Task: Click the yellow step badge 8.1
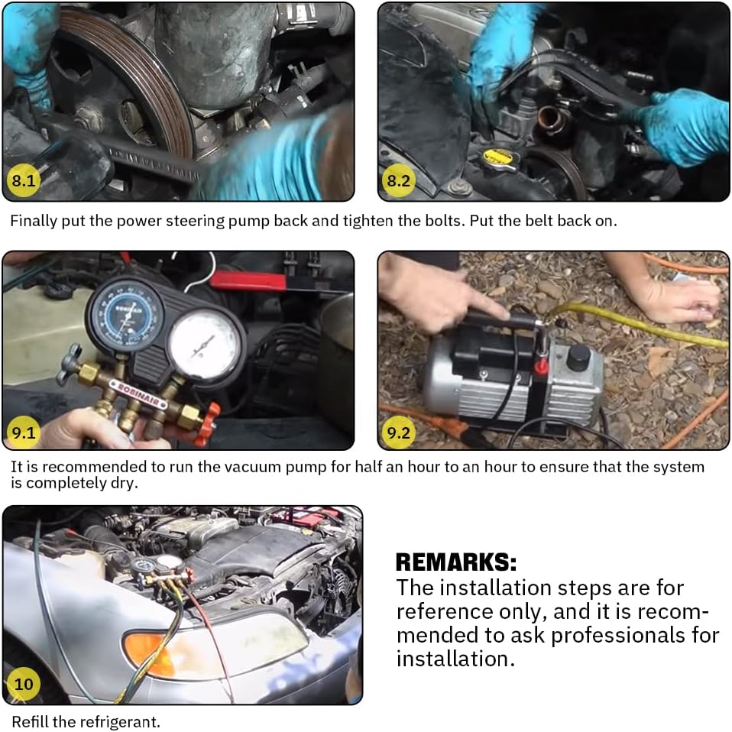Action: (24, 180)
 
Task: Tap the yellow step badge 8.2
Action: (398, 180)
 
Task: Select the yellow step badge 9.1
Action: (24, 432)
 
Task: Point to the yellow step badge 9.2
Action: (398, 432)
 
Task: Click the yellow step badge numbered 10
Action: (24, 684)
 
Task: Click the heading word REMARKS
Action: (456, 562)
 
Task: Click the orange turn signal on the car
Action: (150, 653)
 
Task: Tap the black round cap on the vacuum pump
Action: (578, 358)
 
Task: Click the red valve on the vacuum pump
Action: (541, 368)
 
